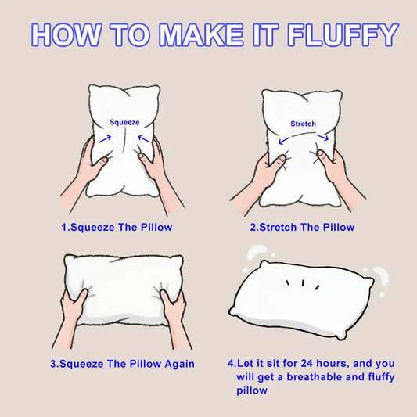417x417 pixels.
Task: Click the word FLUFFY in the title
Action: point(343,35)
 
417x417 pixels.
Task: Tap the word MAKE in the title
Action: point(201,35)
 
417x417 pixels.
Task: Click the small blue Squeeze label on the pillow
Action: point(124,122)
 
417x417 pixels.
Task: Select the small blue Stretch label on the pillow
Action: point(304,124)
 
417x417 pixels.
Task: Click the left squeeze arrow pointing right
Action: point(105,138)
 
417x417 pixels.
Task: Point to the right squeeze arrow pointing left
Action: point(144,138)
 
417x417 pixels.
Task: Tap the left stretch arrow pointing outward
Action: point(284,140)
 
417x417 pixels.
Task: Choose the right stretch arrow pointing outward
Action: point(323,138)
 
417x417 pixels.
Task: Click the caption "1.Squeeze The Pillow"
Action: point(117,228)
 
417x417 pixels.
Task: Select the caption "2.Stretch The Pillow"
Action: point(302,228)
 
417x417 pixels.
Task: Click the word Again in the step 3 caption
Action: point(179,364)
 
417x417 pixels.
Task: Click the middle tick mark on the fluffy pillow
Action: point(303,283)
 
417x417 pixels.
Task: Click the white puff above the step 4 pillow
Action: point(256,252)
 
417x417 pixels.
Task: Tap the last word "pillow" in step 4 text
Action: point(252,390)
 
